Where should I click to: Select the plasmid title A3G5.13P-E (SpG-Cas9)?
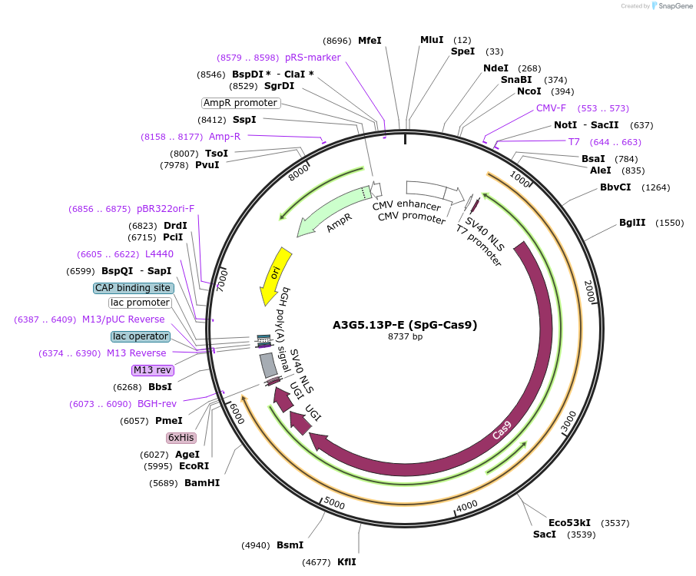405,325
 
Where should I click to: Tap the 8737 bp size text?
405,336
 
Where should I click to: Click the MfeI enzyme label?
370,41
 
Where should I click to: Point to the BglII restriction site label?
632,222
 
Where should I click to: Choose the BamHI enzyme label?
202,483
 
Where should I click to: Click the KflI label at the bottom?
346,562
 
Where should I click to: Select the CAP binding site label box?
133,288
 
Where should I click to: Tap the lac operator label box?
141,336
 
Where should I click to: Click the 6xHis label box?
181,438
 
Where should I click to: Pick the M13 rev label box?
152,370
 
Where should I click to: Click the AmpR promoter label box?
240,103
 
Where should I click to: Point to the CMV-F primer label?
551,108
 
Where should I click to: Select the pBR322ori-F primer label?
166,209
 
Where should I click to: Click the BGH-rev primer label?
157,404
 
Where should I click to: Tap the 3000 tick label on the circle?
568,421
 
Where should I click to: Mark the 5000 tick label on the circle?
334,503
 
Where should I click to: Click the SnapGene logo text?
675,6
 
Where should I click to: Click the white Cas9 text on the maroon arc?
502,430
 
